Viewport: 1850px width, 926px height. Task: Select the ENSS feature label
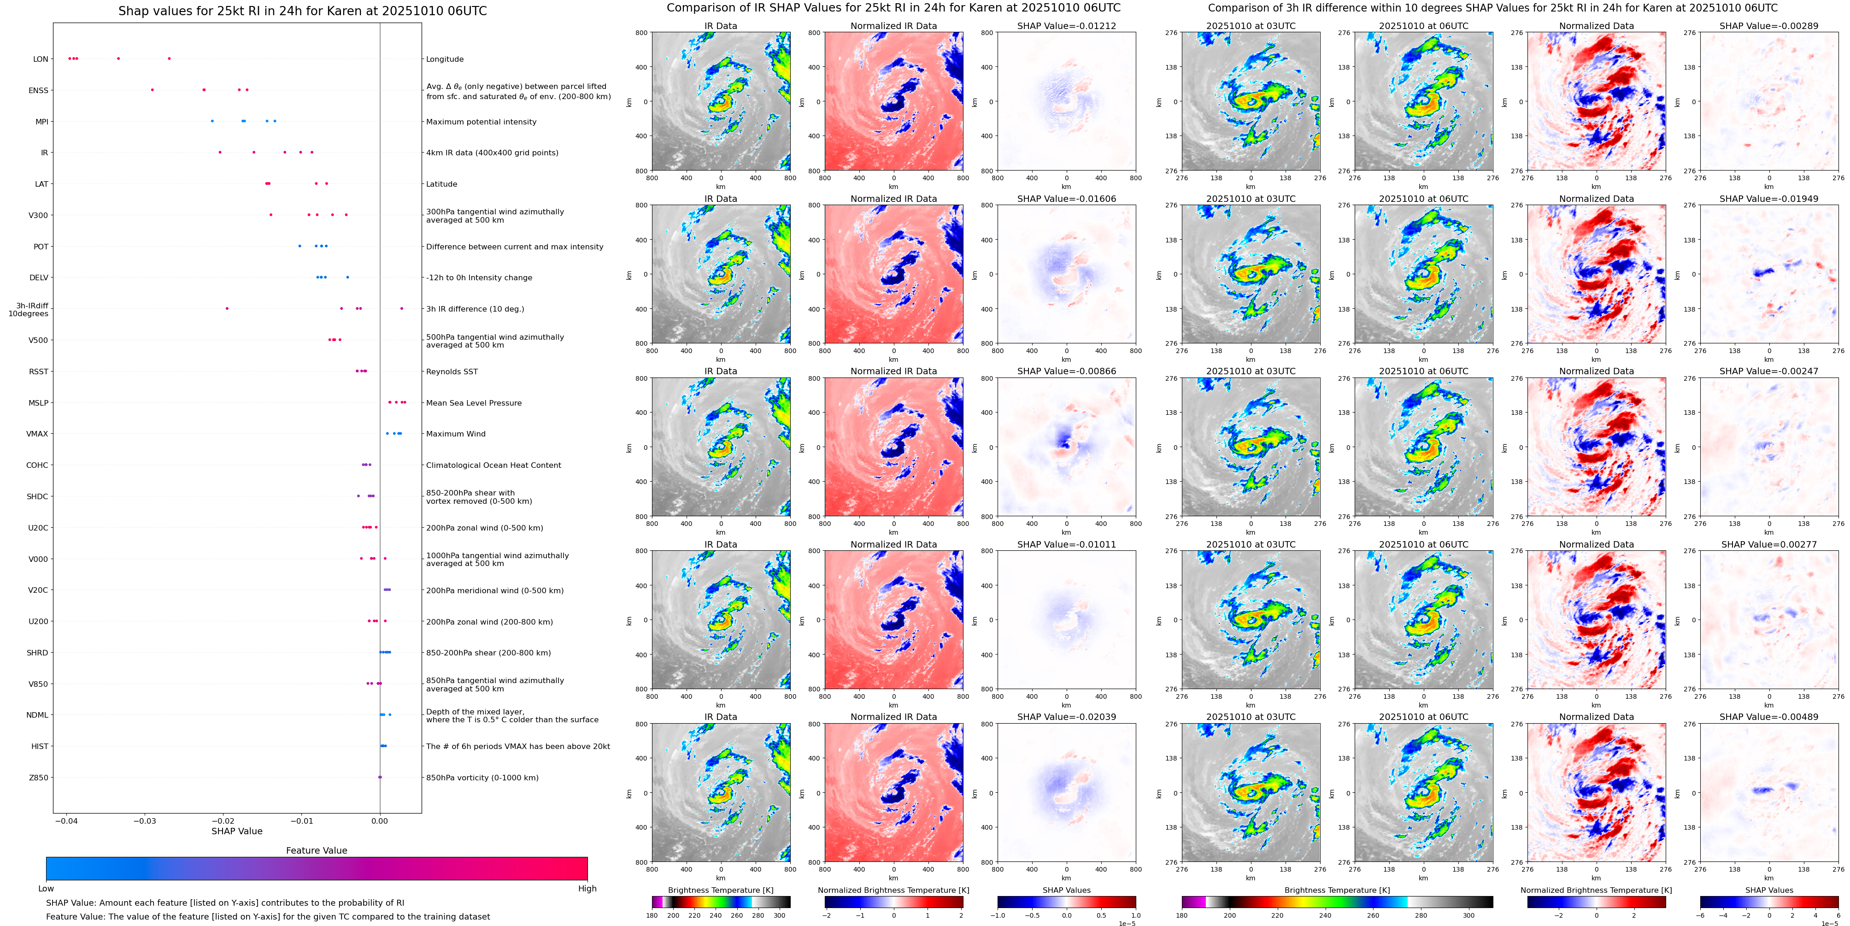tap(39, 90)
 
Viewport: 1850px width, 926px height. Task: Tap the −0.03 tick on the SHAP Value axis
tap(145, 820)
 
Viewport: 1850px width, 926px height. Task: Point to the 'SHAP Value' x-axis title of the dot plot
tap(237, 831)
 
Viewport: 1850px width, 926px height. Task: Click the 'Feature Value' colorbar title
tap(317, 850)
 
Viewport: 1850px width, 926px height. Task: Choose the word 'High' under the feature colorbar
tap(587, 889)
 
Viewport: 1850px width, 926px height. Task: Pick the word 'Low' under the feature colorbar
tap(46, 889)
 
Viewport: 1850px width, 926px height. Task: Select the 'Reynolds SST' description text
tap(452, 372)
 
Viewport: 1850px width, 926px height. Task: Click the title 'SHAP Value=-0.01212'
tap(1067, 26)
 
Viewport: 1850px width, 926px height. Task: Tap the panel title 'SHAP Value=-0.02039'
tap(1067, 717)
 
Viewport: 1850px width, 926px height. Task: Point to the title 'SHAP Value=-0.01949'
tap(1769, 199)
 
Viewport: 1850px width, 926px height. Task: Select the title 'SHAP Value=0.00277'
tap(1769, 544)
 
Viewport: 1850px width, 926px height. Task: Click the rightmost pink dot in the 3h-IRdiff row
tap(401, 308)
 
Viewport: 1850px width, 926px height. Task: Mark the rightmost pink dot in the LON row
tap(169, 58)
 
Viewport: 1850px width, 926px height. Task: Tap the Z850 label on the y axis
tap(39, 777)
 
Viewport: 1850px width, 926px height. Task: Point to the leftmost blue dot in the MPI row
tap(212, 121)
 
